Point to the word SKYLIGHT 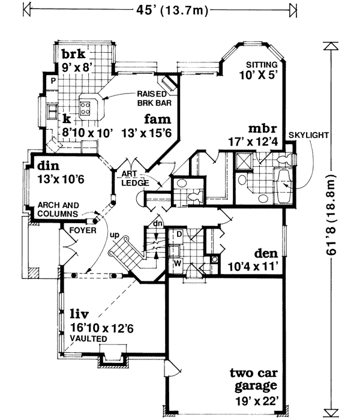click(x=308, y=136)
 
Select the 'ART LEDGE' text click(x=131, y=178)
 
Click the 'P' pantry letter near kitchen click(x=53, y=80)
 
